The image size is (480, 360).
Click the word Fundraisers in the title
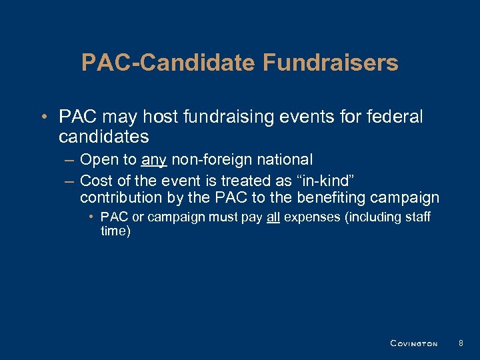pyautogui.click(x=331, y=63)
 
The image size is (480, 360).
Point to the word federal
pyautogui.click(x=397, y=117)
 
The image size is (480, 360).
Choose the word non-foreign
pyautogui.click(x=213, y=160)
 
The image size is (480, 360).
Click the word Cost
pyautogui.click(x=95, y=180)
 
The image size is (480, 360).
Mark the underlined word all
pyautogui.click(x=273, y=217)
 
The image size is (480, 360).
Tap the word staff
pyautogui.click(x=418, y=217)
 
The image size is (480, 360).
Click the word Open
pyautogui.click(x=97, y=160)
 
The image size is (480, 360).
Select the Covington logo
pyautogui.click(x=413, y=343)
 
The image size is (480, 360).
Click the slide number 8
pyautogui.click(x=461, y=343)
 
